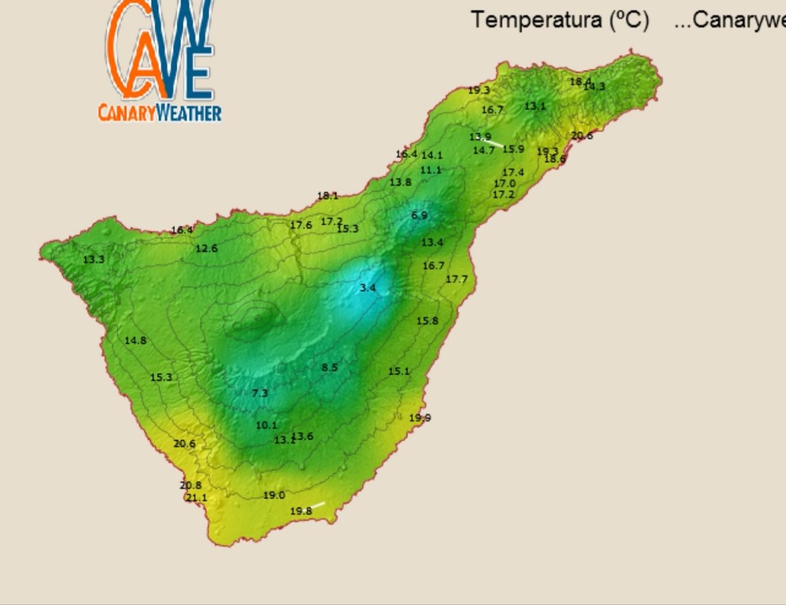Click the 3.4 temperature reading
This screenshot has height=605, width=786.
(368, 287)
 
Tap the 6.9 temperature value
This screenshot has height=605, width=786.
(419, 215)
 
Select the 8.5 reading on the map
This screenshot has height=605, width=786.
(330, 367)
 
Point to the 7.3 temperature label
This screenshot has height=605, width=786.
(260, 393)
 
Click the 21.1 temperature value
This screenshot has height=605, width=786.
(196, 498)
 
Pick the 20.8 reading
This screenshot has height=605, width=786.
(191, 485)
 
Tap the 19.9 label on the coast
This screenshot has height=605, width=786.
(421, 418)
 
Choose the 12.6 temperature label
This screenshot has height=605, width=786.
(206, 248)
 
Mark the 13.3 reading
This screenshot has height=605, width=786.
(94, 259)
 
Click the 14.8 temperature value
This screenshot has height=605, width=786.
(136, 340)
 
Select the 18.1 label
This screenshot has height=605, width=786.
(327, 195)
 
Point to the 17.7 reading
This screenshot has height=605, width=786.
(457, 279)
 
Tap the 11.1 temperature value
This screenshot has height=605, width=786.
(431, 170)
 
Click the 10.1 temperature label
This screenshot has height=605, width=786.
(267, 425)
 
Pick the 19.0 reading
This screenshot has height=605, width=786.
(274, 495)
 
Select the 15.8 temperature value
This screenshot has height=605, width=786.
(428, 321)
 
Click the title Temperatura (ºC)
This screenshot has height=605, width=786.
(560, 20)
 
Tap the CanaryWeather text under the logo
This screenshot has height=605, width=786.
(160, 113)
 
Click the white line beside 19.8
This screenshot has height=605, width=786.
(318, 505)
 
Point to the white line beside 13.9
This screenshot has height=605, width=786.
(495, 142)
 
